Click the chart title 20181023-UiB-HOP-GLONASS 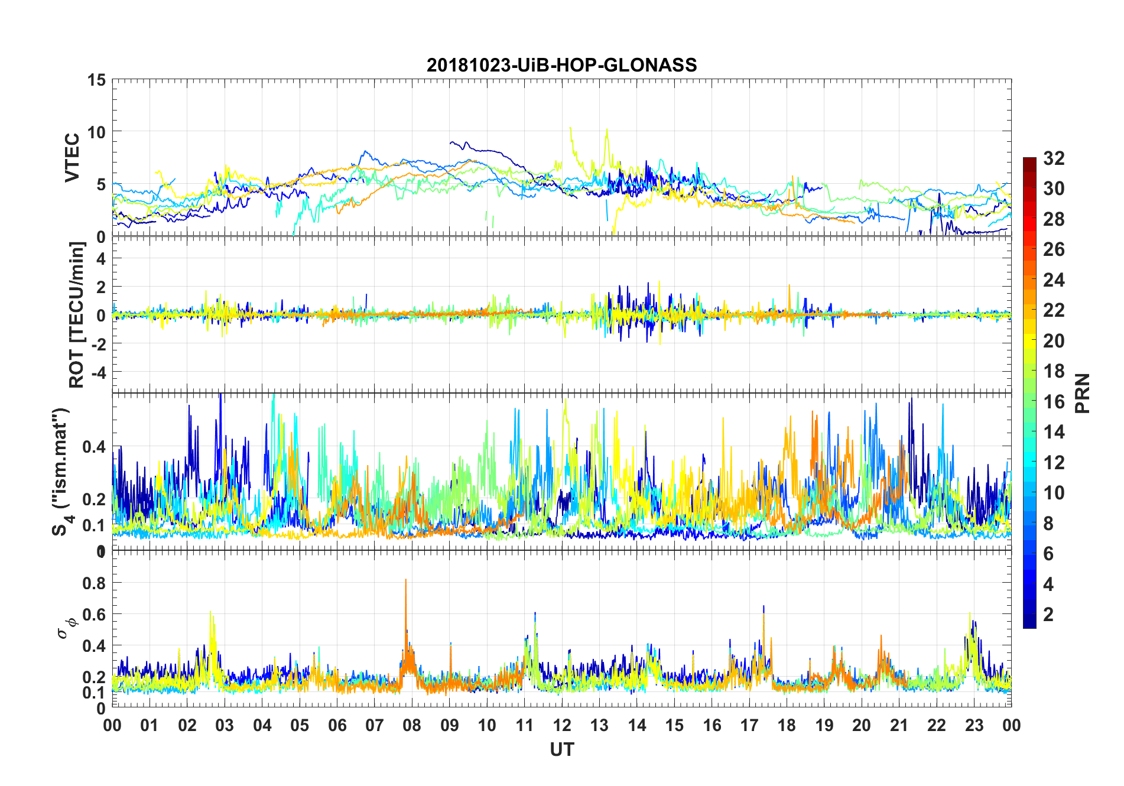(x=561, y=64)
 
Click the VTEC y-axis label (x=72, y=158)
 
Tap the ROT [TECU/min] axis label (x=77, y=314)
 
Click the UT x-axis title (x=561, y=749)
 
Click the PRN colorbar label (x=1082, y=393)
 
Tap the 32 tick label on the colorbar (x=1054, y=158)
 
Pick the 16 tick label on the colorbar (x=1054, y=401)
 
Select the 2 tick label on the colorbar (x=1048, y=614)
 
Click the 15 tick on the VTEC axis (x=96, y=80)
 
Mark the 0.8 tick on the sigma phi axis (x=94, y=583)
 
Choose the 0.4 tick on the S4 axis (x=94, y=446)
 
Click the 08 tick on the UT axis (x=412, y=725)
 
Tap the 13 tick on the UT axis (x=599, y=725)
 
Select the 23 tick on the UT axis (x=974, y=725)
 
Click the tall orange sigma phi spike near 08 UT (x=405, y=582)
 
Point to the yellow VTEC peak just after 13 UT (x=607, y=131)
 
